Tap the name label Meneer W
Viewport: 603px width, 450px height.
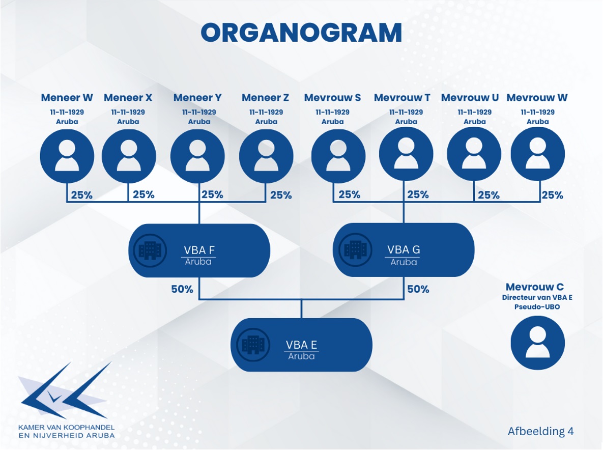point(67,98)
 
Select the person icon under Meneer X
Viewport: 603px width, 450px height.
point(128,156)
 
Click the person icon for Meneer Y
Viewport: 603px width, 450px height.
point(197,156)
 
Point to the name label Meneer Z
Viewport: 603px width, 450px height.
point(265,98)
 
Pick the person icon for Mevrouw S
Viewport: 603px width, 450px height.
point(338,156)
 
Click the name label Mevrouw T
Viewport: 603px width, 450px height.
point(403,98)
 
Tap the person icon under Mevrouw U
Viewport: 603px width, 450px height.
point(474,154)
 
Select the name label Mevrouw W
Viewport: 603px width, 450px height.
point(537,98)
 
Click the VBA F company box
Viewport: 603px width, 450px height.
point(199,250)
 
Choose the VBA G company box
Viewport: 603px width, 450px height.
point(404,250)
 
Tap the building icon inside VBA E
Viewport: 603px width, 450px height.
point(253,345)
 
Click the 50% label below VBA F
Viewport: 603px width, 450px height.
point(182,289)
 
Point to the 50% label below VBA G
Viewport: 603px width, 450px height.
point(418,289)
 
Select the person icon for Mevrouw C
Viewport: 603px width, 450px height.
point(538,343)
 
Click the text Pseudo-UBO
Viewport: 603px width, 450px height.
point(537,307)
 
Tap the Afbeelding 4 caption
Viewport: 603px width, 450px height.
point(541,431)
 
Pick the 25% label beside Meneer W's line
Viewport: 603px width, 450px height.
point(82,195)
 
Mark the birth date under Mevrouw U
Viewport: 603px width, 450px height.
point(475,112)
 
